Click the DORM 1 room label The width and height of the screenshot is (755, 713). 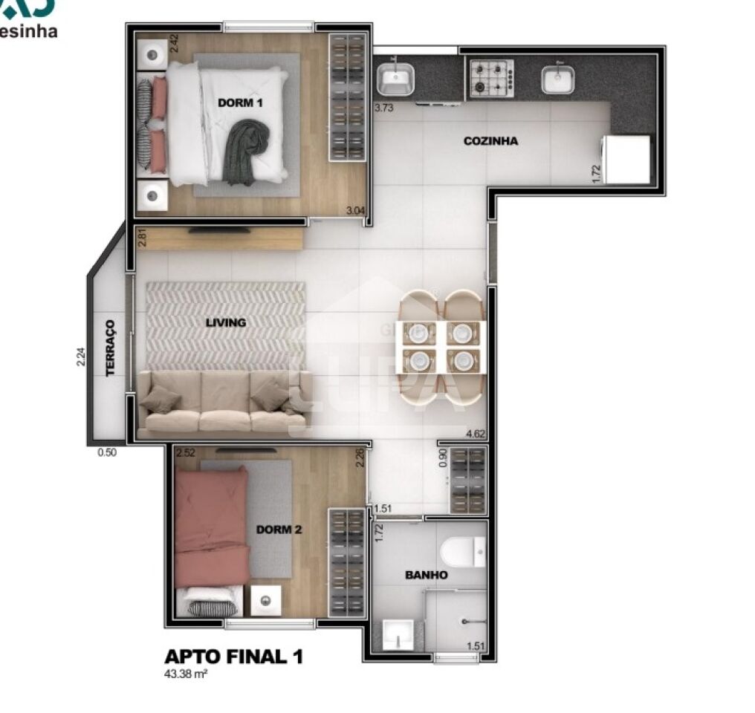pos(240,102)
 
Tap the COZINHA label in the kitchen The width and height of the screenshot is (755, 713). pos(490,141)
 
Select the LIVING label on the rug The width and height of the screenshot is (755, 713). pos(226,322)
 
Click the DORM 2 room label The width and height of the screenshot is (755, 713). pos(279,530)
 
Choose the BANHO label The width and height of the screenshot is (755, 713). pos(426,575)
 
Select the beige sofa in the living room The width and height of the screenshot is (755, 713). pos(224,403)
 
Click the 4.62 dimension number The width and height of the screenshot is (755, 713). pos(476,434)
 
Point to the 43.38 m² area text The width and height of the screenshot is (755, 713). pos(185,675)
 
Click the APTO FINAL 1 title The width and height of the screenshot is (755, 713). pos(233,657)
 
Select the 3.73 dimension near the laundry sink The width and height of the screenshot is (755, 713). pos(383,108)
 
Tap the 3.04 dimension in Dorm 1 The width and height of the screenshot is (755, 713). pos(355,210)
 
